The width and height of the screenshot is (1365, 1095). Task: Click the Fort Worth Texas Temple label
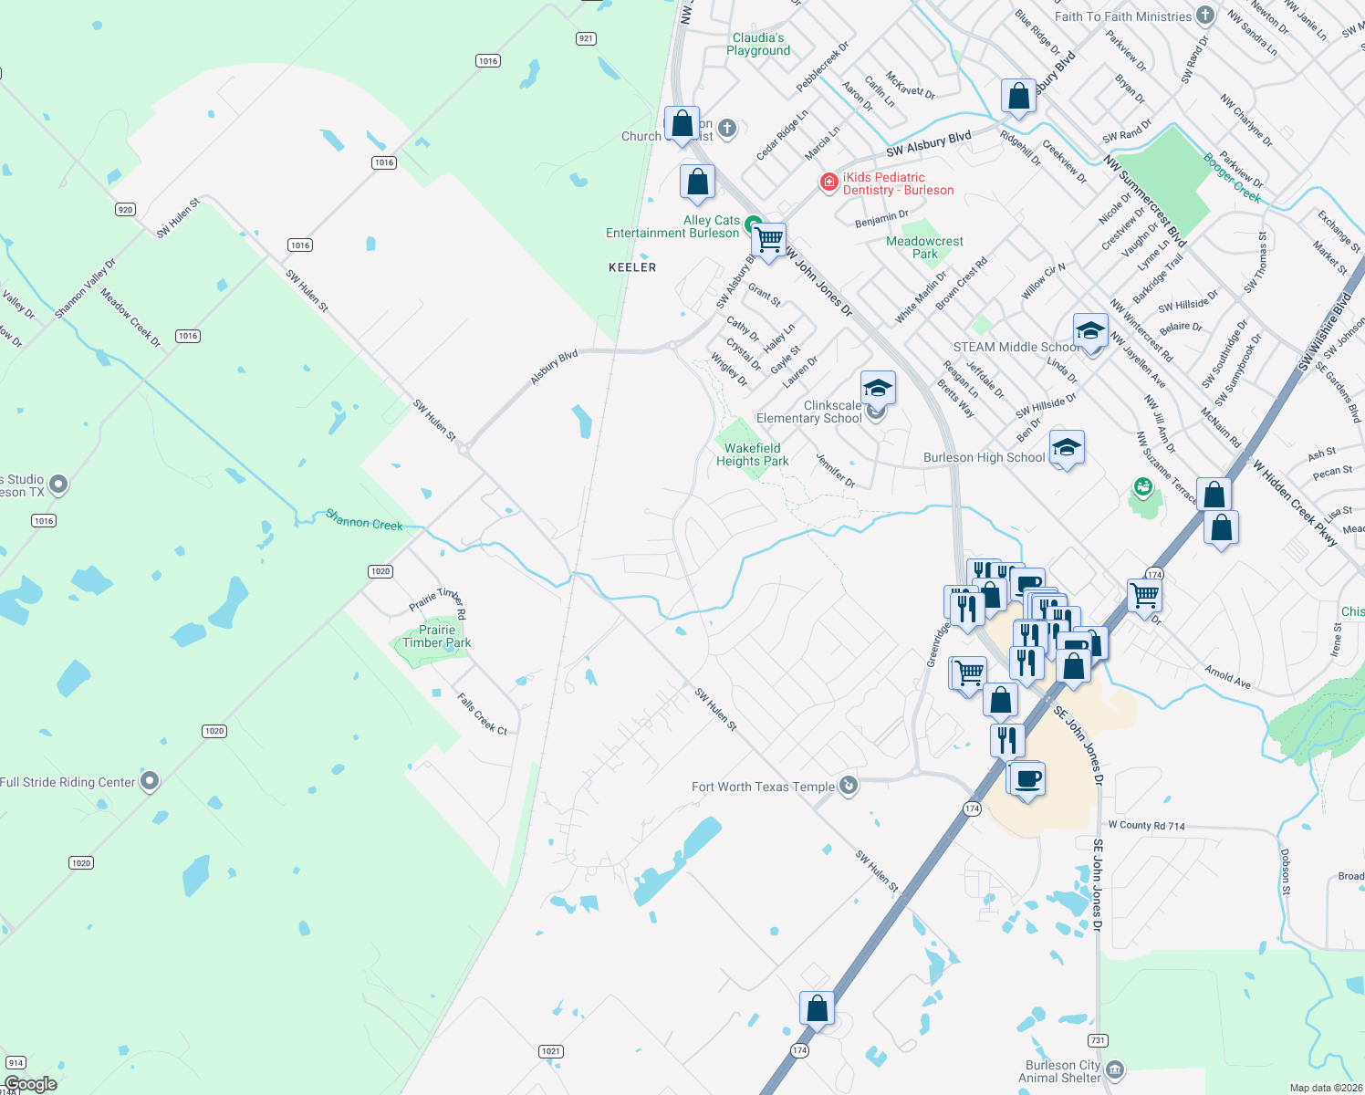coord(763,787)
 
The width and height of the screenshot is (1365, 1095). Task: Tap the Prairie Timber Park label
coord(437,636)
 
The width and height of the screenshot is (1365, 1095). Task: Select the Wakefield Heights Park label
coord(752,454)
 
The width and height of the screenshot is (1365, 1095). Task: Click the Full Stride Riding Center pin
coord(151,781)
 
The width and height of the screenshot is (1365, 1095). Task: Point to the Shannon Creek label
coord(364,520)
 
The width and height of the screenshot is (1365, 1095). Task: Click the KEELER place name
coord(632,267)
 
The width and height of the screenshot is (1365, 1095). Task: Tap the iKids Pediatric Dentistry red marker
coord(828,182)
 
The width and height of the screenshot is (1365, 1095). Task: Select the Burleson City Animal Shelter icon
coord(1114,1069)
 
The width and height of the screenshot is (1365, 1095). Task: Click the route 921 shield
coord(586,38)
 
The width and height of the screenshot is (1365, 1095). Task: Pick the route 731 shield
coord(1098,1040)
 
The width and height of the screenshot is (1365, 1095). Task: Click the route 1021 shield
coord(550,1051)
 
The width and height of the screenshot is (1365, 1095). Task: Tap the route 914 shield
coord(16,1063)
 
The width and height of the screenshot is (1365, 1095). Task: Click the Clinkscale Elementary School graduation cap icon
coord(878,389)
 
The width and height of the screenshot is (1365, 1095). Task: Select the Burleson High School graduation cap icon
coord(1067,448)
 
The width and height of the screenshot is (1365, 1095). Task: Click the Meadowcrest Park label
coord(924,247)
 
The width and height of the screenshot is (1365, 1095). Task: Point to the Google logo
coord(30,1084)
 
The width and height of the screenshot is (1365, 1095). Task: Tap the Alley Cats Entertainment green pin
coord(753,224)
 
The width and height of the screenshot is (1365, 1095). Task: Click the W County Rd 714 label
coord(1146,826)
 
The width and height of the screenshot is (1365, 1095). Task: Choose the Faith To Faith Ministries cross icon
coord(1205,16)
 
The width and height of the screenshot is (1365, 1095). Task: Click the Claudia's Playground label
coord(758,44)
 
